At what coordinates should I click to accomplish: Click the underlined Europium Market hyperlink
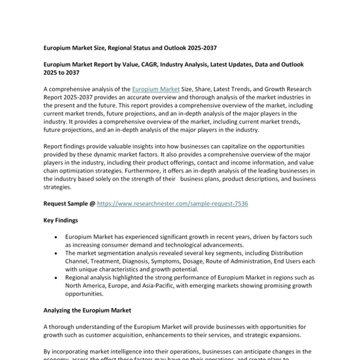[155, 89]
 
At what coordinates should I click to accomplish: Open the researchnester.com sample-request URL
[172, 204]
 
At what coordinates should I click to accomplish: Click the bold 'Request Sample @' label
[69, 204]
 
